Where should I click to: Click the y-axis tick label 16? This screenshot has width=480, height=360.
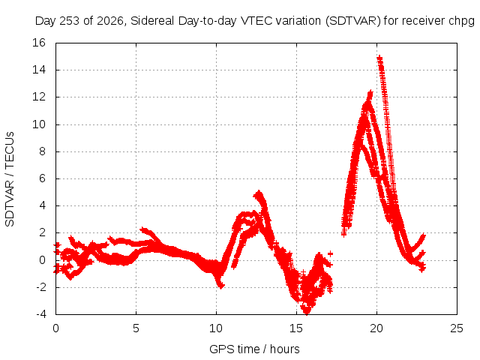(x=39, y=43)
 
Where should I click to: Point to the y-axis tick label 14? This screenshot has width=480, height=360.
(x=39, y=70)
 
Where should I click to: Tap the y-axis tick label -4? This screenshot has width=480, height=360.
(x=40, y=314)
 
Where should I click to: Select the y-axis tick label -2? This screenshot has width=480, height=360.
(x=40, y=287)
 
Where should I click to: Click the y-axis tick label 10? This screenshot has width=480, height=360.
(x=39, y=124)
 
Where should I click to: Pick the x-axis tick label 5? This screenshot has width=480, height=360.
(x=136, y=328)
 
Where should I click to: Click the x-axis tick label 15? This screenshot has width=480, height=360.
(x=296, y=328)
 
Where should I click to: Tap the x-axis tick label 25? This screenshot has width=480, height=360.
(x=457, y=328)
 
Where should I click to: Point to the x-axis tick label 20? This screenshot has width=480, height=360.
(x=376, y=328)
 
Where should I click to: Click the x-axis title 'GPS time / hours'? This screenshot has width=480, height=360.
(x=254, y=349)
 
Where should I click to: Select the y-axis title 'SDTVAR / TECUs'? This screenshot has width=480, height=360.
(x=10, y=179)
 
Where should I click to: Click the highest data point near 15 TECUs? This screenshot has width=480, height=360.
(x=379, y=58)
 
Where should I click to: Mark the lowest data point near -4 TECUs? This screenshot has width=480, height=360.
(x=307, y=312)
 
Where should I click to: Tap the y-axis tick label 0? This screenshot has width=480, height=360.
(x=42, y=260)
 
